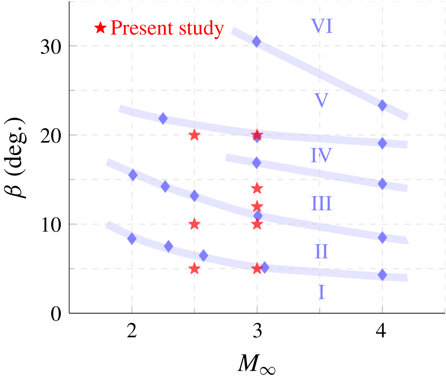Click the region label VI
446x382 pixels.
coord(322,26)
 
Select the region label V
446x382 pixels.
coord(321,101)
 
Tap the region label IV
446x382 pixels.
coord(321,155)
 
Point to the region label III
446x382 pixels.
coord(321,204)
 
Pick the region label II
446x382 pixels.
coord(321,252)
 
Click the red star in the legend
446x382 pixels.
coord(101,28)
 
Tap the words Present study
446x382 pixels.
coord(167,28)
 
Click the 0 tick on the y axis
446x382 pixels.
coord(56,314)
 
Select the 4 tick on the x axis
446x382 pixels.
coord(381,331)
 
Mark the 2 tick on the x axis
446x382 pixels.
coord(132,331)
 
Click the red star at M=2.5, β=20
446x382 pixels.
coord(194,135)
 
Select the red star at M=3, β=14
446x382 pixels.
coord(257,188)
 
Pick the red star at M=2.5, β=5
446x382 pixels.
coord(194,269)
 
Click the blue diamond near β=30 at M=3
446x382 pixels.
coord(256,41)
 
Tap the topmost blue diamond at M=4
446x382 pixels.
coord(382,105)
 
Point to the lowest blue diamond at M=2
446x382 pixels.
coord(132,238)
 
